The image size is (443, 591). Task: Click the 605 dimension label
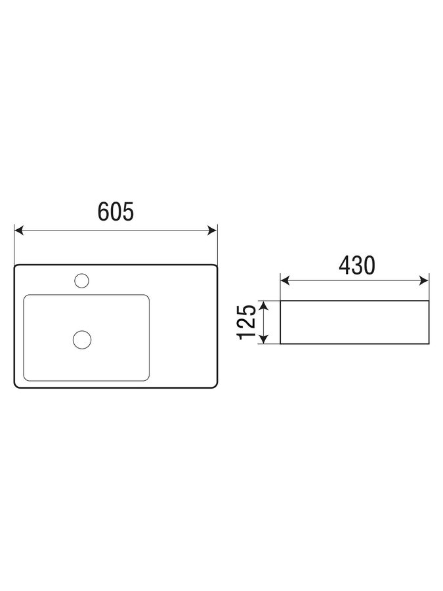pyautogui.click(x=116, y=211)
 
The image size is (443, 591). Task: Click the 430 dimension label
pyautogui.click(x=357, y=265)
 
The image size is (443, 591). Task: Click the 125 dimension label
pyautogui.click(x=247, y=322)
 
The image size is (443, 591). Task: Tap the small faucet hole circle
pyautogui.click(x=82, y=281)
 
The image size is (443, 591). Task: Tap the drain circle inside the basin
pyautogui.click(x=82, y=339)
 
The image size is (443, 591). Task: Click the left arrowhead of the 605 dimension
pyautogui.click(x=19, y=230)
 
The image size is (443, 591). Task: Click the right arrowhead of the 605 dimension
pyautogui.click(x=213, y=230)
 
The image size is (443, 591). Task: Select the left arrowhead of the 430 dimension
pyautogui.click(x=285, y=280)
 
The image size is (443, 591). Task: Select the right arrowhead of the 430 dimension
pyautogui.click(x=424, y=280)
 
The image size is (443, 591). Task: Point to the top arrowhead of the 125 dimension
pyautogui.click(x=265, y=305)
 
